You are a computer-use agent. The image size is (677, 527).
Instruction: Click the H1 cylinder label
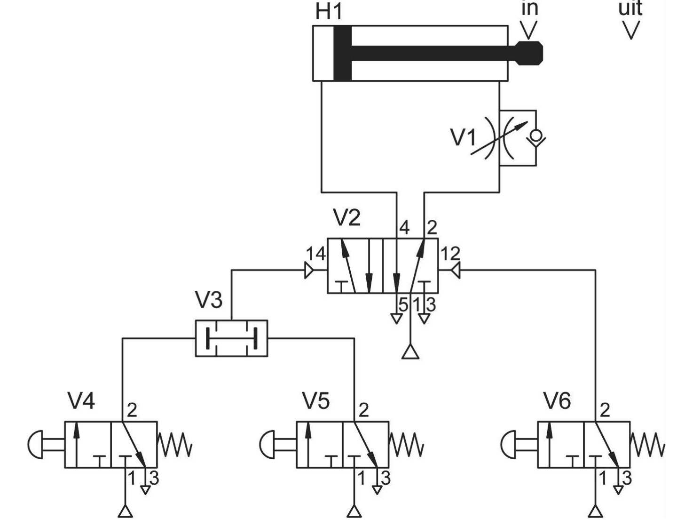(x=329, y=12)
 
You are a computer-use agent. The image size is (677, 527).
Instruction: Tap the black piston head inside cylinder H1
(x=342, y=53)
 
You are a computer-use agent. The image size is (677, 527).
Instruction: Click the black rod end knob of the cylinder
(x=528, y=53)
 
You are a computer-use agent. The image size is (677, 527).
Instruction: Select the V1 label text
(x=463, y=137)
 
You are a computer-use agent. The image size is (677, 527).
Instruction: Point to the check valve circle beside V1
(x=536, y=136)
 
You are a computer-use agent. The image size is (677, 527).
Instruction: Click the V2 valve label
(x=347, y=217)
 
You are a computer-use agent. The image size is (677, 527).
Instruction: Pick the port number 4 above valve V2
(x=404, y=228)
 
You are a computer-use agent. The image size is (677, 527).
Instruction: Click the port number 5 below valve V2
(x=403, y=304)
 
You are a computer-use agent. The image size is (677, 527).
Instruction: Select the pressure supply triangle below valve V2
(x=410, y=351)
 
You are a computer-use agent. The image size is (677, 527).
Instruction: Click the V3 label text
(x=208, y=300)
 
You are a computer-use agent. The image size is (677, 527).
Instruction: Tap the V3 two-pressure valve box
(x=231, y=338)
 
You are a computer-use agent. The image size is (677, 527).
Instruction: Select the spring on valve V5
(x=406, y=445)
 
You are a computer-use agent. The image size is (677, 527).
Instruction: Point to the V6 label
(x=558, y=401)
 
